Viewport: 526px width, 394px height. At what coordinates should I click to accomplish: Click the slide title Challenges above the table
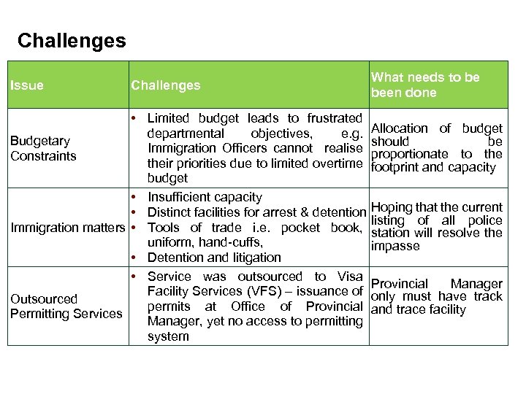click(72, 40)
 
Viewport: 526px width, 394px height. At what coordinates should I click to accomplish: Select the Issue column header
click(27, 85)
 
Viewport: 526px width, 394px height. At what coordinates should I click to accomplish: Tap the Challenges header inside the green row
click(165, 85)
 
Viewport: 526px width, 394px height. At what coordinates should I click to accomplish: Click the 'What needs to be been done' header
click(425, 85)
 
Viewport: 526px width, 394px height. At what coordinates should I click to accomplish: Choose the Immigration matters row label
click(68, 228)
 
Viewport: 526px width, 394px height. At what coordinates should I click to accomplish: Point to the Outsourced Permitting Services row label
click(66, 306)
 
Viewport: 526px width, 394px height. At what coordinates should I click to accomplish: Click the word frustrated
click(335, 118)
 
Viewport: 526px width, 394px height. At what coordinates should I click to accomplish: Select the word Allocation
click(401, 128)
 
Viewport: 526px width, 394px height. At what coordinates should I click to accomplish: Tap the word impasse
click(395, 246)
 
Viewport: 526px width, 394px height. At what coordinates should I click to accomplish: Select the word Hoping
click(392, 207)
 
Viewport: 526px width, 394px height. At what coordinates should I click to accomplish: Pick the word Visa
click(348, 277)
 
